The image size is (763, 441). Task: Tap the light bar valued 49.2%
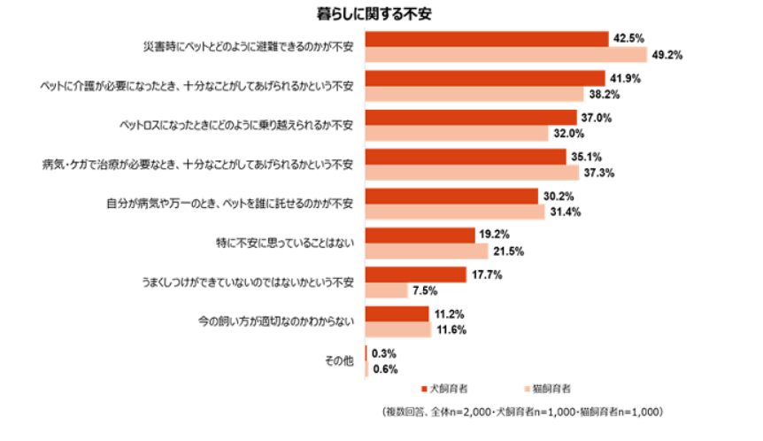coord(505,54)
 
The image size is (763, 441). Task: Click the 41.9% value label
coord(626,78)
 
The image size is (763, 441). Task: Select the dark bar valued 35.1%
coord(466,157)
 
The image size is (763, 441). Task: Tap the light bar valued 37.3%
coord(472,173)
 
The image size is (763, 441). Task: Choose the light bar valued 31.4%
coord(455,213)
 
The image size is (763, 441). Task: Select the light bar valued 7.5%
coord(387,290)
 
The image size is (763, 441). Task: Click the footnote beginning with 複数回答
coord(522,412)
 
